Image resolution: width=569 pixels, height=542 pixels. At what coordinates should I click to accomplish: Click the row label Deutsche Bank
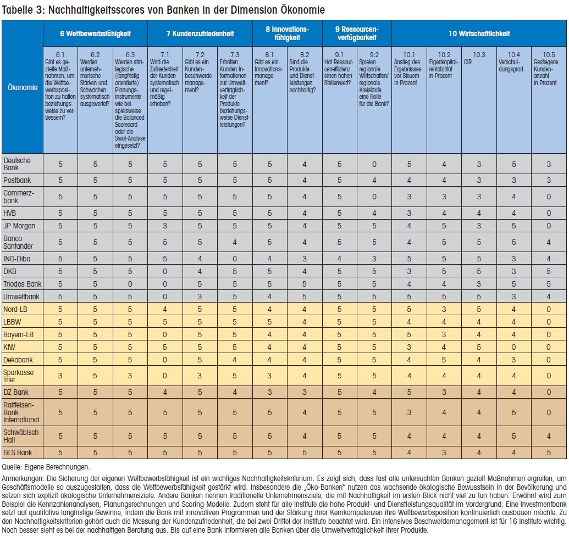17,164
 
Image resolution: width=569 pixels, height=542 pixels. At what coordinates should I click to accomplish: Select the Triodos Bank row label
22,284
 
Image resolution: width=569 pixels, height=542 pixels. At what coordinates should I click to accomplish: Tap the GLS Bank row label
18,452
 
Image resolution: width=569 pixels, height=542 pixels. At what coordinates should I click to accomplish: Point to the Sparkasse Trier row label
18,376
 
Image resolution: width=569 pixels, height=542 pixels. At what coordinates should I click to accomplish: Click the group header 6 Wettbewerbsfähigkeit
96,33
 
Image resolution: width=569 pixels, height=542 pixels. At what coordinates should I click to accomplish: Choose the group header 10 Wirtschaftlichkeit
479,33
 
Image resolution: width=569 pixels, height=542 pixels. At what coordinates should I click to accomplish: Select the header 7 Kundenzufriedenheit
200,33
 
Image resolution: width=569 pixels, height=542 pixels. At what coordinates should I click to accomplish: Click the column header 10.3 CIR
479,58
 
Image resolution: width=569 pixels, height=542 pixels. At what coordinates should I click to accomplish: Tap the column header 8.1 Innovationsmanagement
269,69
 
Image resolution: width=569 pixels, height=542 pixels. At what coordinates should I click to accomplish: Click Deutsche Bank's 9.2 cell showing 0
374,164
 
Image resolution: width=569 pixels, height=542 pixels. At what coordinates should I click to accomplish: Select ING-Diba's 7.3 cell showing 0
235,259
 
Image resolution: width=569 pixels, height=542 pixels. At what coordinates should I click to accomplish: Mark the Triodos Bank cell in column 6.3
130,284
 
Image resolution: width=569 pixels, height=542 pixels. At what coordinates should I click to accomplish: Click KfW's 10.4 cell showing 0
513,347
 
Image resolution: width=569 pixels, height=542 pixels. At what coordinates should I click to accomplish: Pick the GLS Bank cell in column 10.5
549,452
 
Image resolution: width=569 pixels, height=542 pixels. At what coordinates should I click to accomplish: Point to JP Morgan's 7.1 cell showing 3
165,226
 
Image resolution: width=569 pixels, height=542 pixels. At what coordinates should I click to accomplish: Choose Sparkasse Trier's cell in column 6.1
60,376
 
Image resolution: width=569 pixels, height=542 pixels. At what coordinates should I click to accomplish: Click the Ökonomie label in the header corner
23,87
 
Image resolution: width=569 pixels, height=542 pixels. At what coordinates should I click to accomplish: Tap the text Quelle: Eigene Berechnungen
46,467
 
